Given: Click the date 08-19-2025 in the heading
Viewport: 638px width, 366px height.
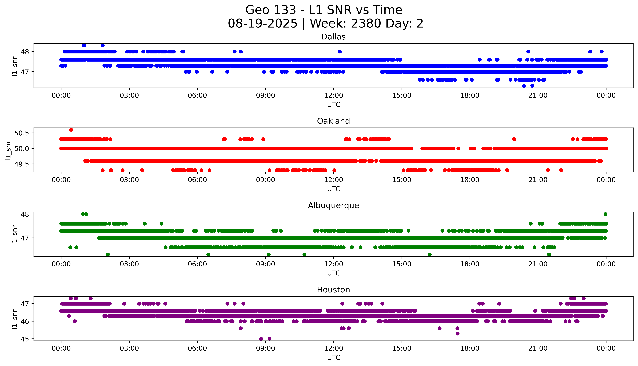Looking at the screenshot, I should pyautogui.click(x=262, y=24).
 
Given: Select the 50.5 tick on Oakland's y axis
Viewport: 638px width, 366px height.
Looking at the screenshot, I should pyautogui.click(x=22, y=133).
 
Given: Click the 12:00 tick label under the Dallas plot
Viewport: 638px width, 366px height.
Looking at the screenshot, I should pyautogui.click(x=333, y=96).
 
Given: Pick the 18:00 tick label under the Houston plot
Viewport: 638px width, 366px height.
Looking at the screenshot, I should pyautogui.click(x=470, y=348).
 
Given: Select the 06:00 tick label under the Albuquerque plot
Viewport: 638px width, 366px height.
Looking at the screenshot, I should pyautogui.click(x=197, y=264).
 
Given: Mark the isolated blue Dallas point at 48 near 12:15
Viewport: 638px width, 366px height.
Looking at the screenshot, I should pyautogui.click(x=340, y=52).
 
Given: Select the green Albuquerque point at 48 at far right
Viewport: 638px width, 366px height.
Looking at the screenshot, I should pyautogui.click(x=605, y=214).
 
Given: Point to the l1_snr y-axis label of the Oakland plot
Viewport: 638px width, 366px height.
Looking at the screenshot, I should pyautogui.click(x=8, y=150).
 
